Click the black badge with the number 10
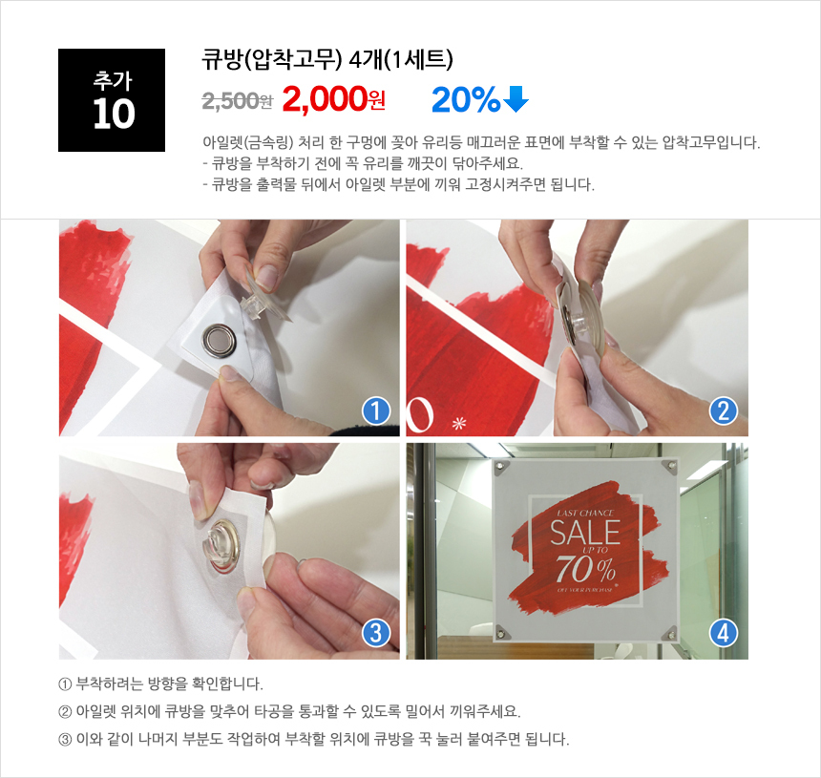[112, 100]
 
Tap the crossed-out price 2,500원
[237, 100]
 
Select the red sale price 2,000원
[333, 99]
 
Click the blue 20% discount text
[465, 99]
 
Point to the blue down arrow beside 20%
[516, 99]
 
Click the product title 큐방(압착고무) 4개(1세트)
[327, 59]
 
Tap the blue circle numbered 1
[376, 411]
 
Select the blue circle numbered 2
[723, 411]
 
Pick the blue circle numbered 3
[376, 633]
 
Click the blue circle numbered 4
[723, 633]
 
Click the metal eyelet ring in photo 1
[220, 340]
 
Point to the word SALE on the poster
[585, 533]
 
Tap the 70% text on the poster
[585, 569]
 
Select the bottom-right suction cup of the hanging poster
[669, 635]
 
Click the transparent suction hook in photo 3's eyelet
[220, 545]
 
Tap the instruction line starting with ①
[160, 683]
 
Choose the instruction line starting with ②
[289, 711]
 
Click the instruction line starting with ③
[313, 739]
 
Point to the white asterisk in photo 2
[459, 423]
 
